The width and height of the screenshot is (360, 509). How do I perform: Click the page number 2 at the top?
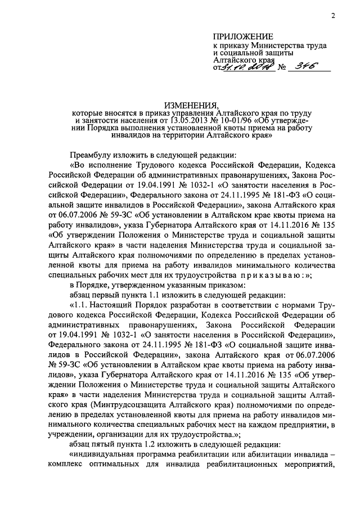point(333,16)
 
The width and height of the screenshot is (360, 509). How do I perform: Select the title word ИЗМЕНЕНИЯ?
point(191,105)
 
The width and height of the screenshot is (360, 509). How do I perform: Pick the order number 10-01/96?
point(227,120)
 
